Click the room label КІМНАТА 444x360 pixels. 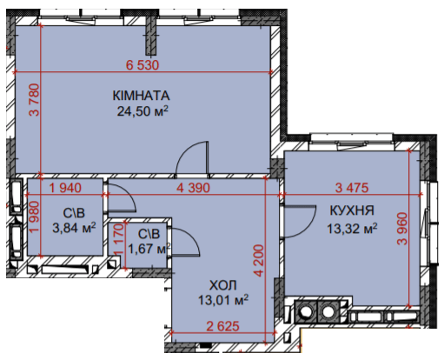141,96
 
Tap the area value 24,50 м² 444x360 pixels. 142,110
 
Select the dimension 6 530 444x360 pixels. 142,65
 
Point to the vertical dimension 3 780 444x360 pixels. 34,100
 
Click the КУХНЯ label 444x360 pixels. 352,210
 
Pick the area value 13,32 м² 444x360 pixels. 352,229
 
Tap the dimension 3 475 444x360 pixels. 352,188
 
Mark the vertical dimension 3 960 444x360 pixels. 402,229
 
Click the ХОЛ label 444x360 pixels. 223,285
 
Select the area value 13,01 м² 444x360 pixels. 223,300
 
